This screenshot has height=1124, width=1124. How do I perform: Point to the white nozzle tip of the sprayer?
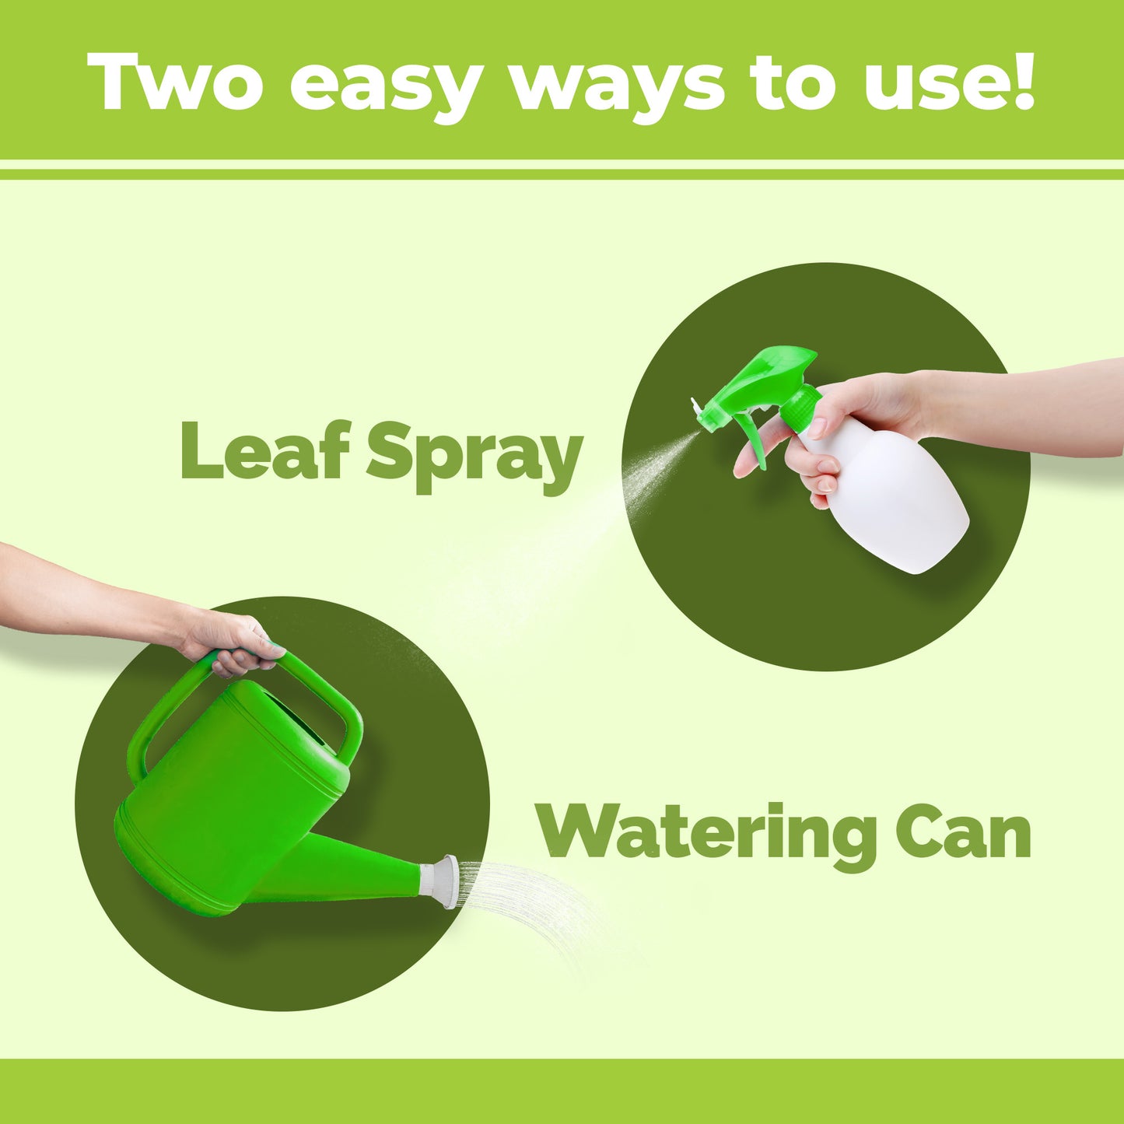click(x=696, y=408)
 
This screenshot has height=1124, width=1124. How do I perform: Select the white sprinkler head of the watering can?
click(x=448, y=882)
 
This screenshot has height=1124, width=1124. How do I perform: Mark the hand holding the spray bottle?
click(x=840, y=432)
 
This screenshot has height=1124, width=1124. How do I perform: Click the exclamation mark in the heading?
click(x=1024, y=82)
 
